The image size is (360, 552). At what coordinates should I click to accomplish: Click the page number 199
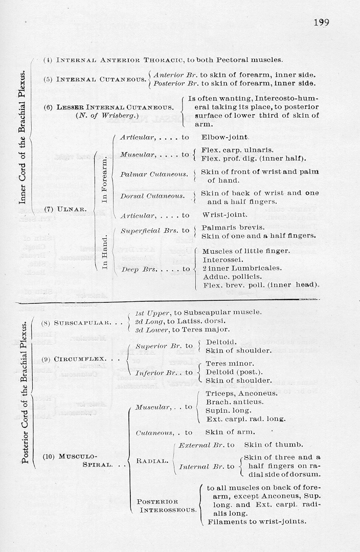click(x=321, y=23)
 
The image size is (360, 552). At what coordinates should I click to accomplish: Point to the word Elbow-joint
click(x=225, y=137)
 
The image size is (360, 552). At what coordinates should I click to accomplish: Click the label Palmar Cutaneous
click(x=154, y=174)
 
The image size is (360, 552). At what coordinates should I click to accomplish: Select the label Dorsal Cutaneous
click(x=152, y=196)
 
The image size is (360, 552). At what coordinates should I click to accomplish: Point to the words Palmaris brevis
click(x=226, y=227)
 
